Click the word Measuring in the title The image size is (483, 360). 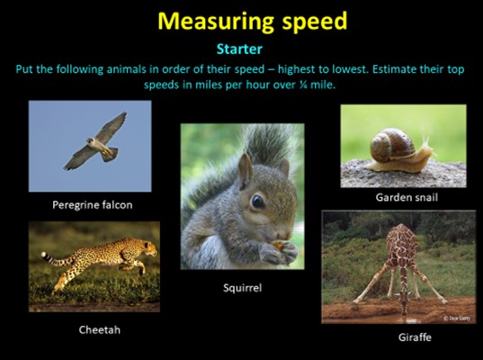click(215, 22)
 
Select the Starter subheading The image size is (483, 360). click(239, 49)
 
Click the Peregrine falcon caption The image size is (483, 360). click(93, 205)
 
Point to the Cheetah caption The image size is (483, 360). click(100, 329)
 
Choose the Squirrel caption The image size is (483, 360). click(243, 288)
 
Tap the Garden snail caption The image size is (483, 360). click(407, 197)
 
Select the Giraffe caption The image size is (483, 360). click(415, 337)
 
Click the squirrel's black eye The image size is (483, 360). click(257, 202)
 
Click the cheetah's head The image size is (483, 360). click(148, 247)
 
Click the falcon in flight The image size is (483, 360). click(95, 141)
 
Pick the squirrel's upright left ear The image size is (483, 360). click(246, 170)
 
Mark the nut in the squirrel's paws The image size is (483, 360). click(278, 245)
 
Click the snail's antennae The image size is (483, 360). click(427, 140)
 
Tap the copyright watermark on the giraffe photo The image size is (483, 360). click(457, 319)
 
